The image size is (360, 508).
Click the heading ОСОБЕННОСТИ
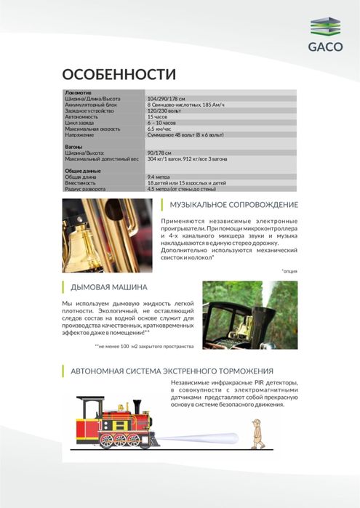click(x=119, y=75)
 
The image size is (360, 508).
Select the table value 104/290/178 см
click(x=167, y=99)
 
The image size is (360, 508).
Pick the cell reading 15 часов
click(x=158, y=116)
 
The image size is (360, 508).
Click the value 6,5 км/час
click(x=160, y=129)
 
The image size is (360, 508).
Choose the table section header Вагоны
click(x=75, y=147)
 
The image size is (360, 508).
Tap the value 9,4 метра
click(x=161, y=177)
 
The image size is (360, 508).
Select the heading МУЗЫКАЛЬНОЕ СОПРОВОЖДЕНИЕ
click(x=233, y=204)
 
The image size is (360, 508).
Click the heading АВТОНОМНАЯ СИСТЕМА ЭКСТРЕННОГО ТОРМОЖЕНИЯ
click(x=172, y=371)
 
